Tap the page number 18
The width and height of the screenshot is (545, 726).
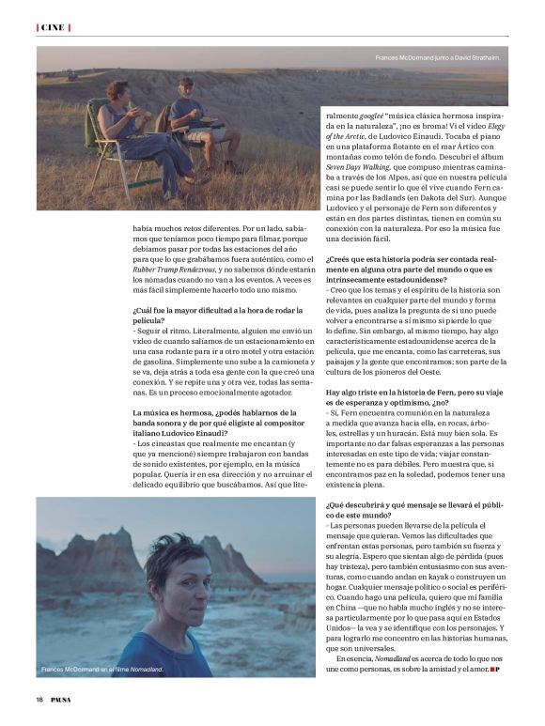[40, 700]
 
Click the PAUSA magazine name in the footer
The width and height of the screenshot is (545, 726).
[61, 700]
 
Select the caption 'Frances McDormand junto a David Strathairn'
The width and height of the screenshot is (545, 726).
[437, 59]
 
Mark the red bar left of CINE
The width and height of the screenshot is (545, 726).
[38, 28]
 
